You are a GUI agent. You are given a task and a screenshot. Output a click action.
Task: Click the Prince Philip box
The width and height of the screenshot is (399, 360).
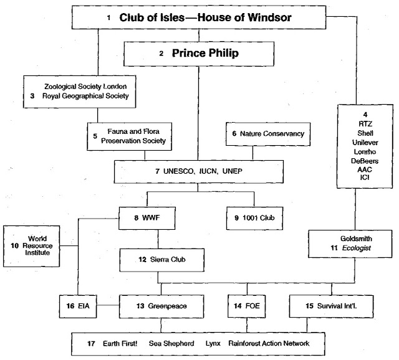[x=198, y=54]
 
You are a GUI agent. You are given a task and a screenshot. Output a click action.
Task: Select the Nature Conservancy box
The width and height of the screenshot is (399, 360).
[x=264, y=134]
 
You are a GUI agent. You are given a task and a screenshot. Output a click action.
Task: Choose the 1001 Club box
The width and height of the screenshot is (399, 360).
[x=255, y=219]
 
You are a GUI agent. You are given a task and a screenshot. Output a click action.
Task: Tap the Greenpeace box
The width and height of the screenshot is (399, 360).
[x=161, y=306]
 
